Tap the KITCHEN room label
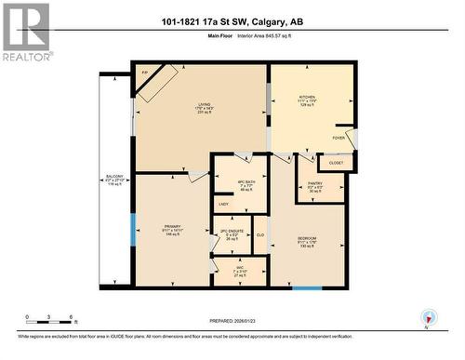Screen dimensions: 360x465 click(x=307, y=97)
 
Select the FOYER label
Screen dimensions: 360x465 click(x=339, y=137)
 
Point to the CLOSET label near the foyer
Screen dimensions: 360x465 click(x=336, y=163)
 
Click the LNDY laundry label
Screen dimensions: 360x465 click(x=223, y=204)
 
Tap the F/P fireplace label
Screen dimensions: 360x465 click(x=144, y=72)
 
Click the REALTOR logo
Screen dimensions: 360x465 click(x=25, y=32)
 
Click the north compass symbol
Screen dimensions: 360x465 click(x=427, y=318)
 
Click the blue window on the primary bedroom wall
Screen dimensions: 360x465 click(x=133, y=230)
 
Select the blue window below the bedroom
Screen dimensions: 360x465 click(x=307, y=288)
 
